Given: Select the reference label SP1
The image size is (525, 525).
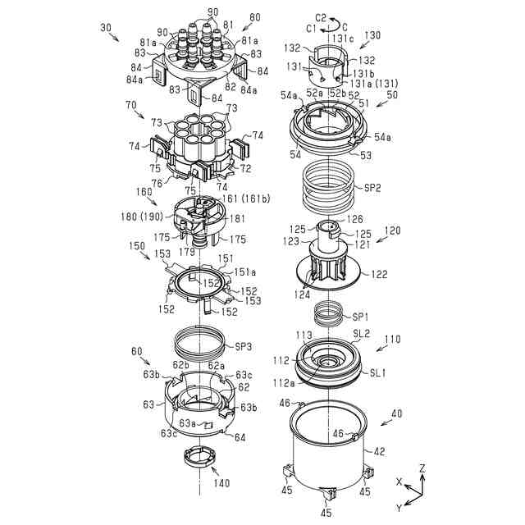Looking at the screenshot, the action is tap(359, 315).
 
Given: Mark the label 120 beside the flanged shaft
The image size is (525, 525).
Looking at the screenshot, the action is tap(393, 231).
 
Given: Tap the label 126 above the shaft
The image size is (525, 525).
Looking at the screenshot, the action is tap(355, 218).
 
